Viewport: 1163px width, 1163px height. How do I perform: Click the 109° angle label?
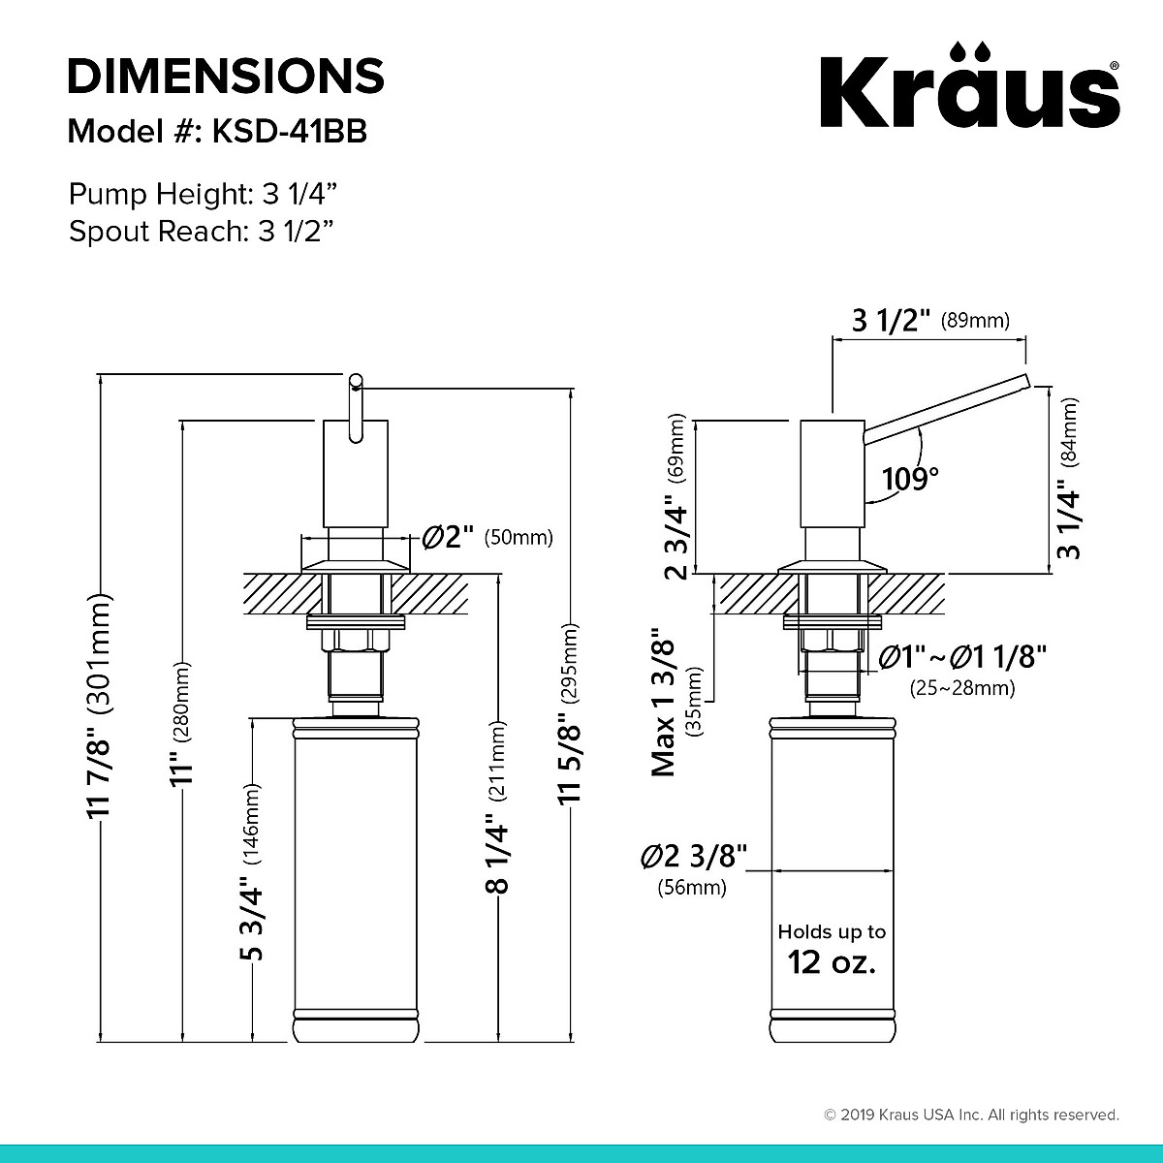[911, 478]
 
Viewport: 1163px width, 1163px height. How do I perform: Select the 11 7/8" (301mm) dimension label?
[100, 707]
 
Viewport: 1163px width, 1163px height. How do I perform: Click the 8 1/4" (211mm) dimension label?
[497, 804]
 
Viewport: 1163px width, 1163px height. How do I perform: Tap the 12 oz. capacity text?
[832, 962]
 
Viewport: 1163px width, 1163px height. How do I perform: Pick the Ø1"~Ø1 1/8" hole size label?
[962, 658]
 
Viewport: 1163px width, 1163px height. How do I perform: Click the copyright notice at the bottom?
[971, 1115]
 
